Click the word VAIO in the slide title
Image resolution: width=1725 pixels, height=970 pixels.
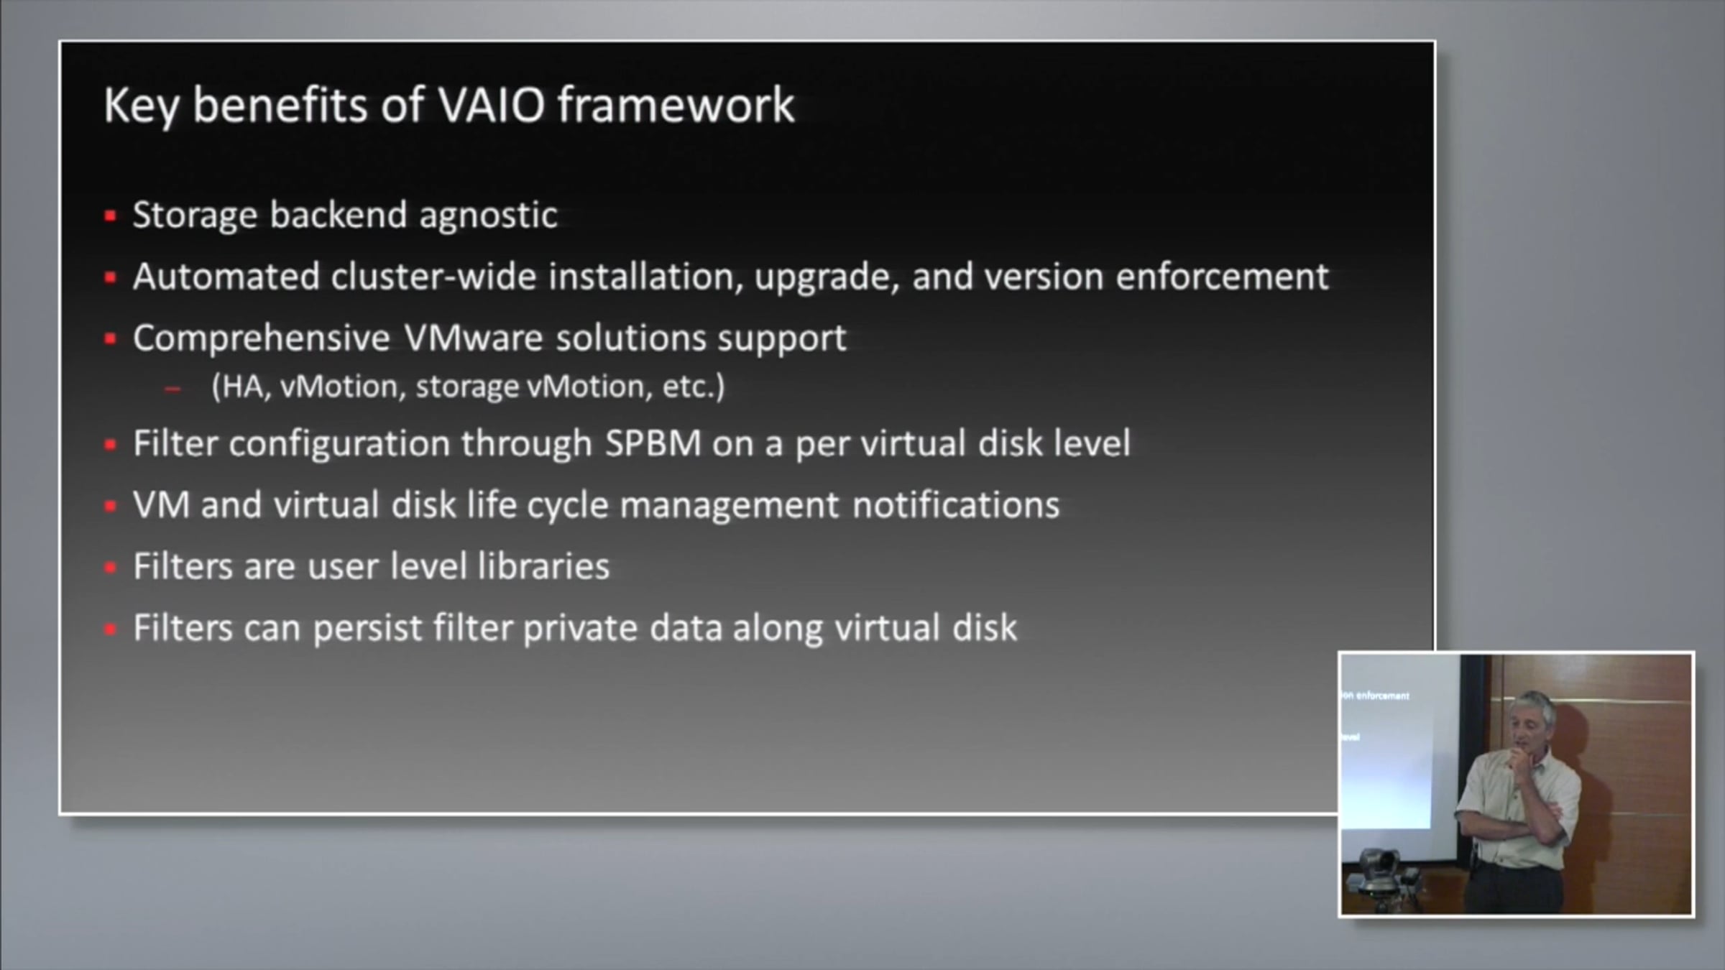(x=492, y=106)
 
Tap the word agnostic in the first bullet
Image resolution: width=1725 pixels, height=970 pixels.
(x=488, y=216)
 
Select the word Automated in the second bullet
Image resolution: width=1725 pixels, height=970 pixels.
(x=226, y=277)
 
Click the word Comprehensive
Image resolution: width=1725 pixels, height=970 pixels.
(x=262, y=338)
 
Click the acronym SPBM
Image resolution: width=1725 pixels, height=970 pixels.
(x=653, y=443)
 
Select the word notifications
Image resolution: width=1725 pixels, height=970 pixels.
(x=956, y=505)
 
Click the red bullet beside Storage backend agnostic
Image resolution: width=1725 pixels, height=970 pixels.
(x=110, y=216)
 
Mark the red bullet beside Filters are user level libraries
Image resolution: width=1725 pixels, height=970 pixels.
(x=110, y=568)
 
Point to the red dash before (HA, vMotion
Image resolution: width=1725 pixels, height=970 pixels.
(x=172, y=389)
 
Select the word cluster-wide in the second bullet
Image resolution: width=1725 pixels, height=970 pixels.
(x=433, y=277)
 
